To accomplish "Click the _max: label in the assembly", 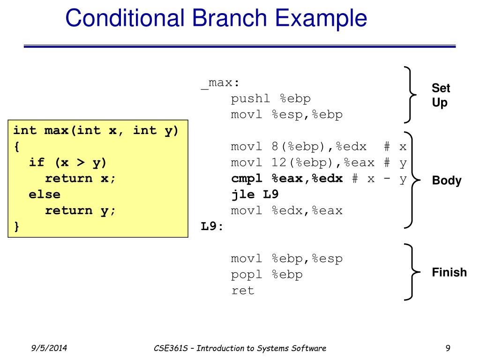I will point(220,83).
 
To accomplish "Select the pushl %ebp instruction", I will point(270,99).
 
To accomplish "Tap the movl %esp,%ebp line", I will point(286,115).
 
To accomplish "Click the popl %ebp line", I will point(267,275).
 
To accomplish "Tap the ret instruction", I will point(242,291).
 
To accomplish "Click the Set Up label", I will point(441,95).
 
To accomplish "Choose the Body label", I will point(446,181).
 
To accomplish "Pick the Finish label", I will point(449,272).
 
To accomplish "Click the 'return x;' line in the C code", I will point(80,179).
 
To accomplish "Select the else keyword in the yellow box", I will point(45,195).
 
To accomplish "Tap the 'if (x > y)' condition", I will point(68,163).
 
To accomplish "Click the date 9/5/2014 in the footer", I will point(49,348).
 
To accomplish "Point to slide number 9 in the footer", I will point(448,348).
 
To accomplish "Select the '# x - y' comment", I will point(379,179).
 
